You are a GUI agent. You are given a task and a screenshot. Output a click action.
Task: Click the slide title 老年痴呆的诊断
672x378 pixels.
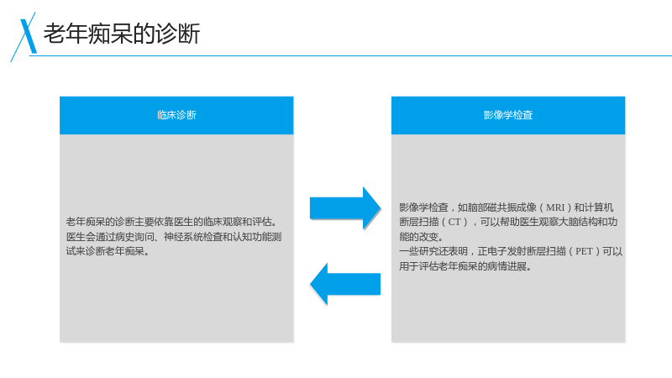tap(122, 34)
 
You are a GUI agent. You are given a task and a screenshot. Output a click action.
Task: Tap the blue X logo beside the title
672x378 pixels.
tap(25, 37)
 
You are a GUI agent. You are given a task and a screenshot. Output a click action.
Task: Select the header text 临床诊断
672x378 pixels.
tap(176, 115)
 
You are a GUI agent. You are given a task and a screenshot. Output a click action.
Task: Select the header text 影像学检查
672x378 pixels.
tap(508, 115)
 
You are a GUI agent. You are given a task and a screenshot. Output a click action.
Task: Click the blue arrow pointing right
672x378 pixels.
tap(345, 208)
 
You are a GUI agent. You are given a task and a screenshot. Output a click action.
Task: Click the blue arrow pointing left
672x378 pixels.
tap(345, 284)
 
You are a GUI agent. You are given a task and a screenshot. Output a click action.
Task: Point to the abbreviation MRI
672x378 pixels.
tap(555, 207)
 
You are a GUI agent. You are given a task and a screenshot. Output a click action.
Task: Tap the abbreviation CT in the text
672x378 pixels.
tap(454, 222)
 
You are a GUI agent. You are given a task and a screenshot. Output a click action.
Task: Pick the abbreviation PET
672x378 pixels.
tap(584, 251)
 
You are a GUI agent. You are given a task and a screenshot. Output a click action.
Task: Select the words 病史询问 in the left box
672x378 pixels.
tap(134, 237)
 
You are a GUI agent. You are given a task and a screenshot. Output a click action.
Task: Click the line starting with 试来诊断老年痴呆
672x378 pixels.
tap(108, 251)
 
